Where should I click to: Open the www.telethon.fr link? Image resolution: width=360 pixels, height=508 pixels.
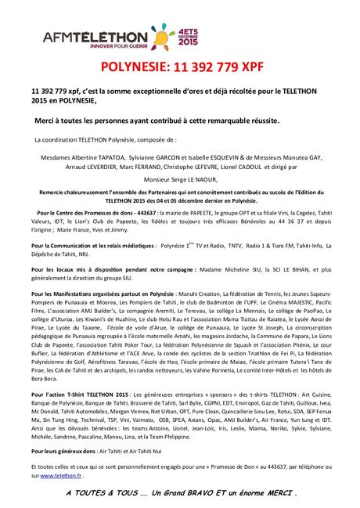point(60,475)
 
